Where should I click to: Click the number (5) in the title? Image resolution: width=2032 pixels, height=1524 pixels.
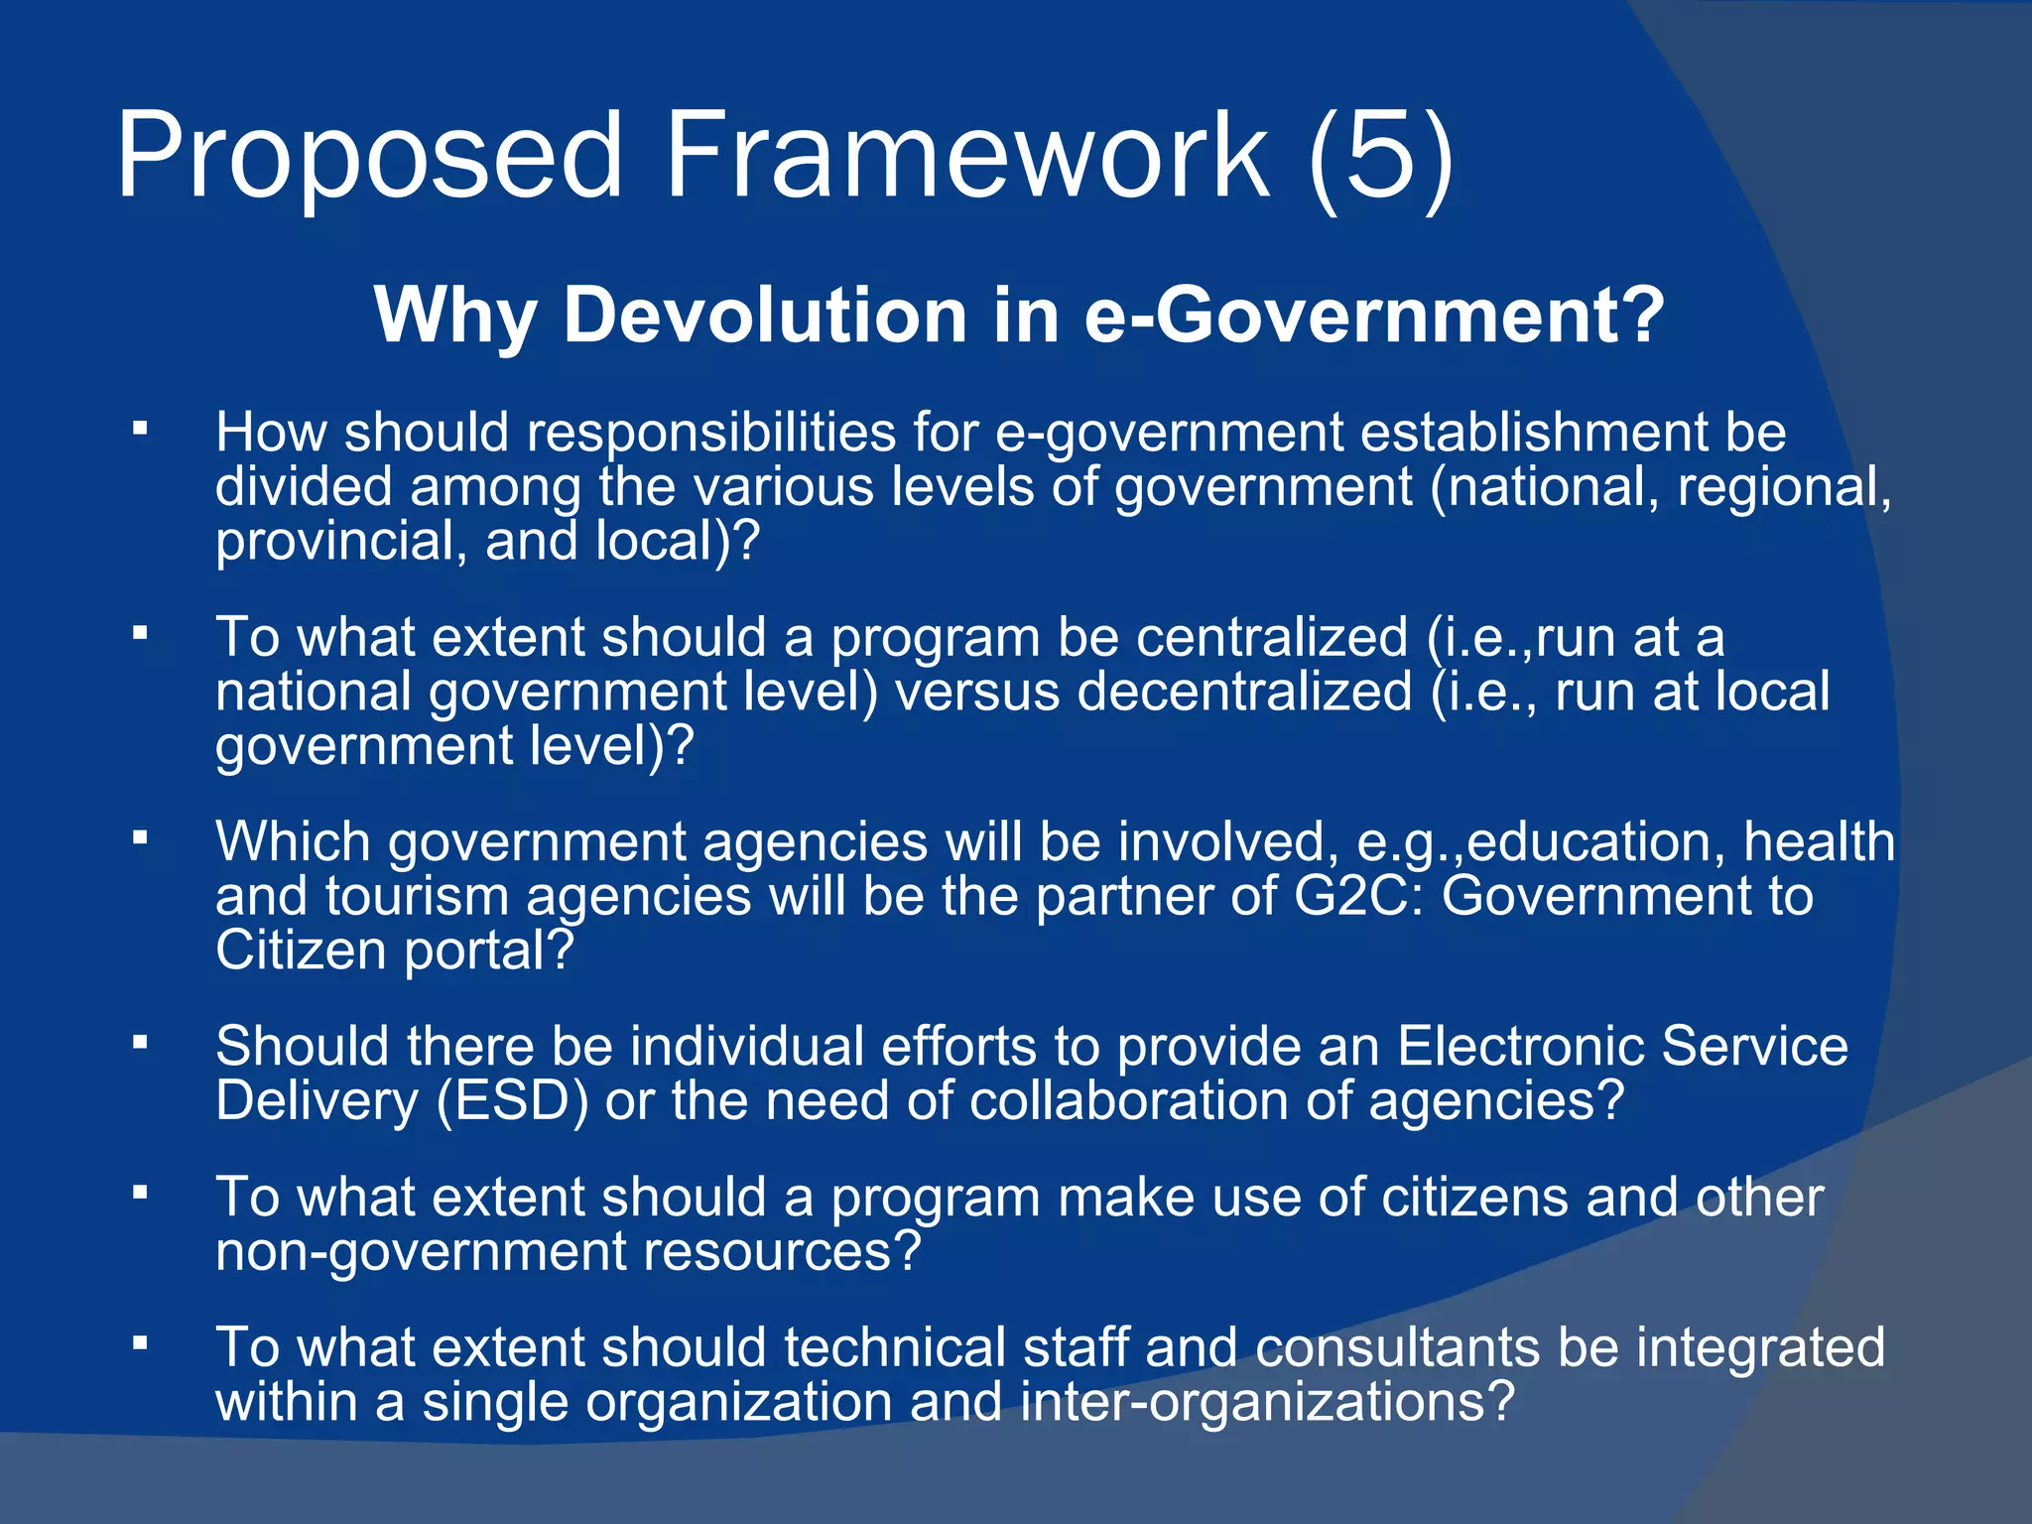[x=1380, y=157]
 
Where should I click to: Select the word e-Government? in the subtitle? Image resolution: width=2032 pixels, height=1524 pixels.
[x=1374, y=316]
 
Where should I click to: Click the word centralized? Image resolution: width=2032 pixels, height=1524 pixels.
[x=1271, y=637]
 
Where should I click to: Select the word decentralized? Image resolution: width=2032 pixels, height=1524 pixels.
[x=1244, y=692]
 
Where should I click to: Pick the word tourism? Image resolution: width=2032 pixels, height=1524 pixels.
[x=417, y=896]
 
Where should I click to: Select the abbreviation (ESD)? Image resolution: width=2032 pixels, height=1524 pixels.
[x=512, y=1101]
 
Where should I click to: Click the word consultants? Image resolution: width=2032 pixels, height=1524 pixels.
[x=1397, y=1348]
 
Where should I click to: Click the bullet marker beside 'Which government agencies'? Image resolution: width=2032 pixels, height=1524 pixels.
[x=140, y=839]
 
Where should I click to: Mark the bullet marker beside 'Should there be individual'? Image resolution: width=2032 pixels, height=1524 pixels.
[x=140, y=1044]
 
